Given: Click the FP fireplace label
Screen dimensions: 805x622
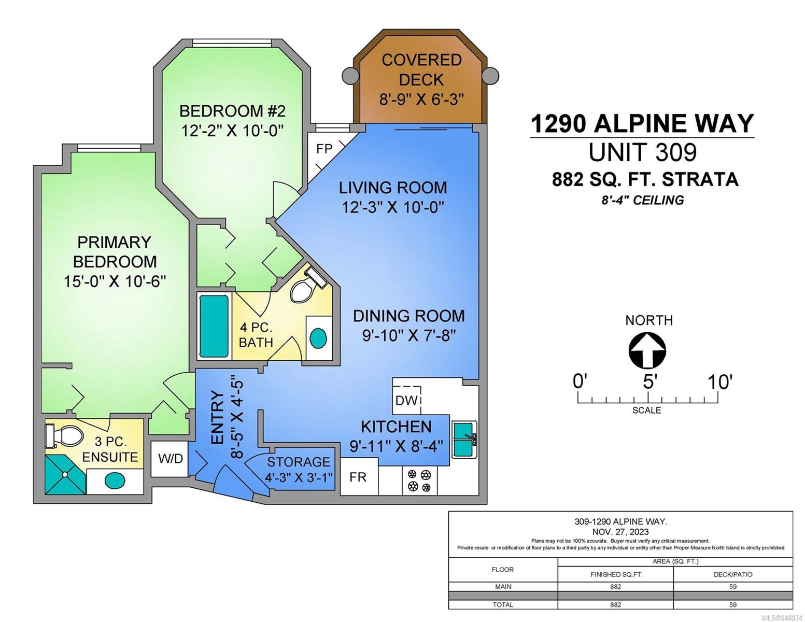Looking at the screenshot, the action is [x=324, y=149].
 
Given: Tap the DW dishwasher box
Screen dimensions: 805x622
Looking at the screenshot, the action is [x=407, y=400].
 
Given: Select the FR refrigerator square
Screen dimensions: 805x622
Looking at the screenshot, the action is [x=359, y=476].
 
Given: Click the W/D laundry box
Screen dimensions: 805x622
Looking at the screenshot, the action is [x=170, y=459].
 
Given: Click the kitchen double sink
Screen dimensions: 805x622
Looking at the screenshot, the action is [x=464, y=440].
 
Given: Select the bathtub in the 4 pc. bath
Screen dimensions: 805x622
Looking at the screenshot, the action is [x=214, y=326].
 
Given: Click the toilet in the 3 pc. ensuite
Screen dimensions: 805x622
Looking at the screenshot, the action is [x=63, y=435].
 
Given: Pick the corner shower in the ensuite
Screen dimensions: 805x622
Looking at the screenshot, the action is [x=65, y=475].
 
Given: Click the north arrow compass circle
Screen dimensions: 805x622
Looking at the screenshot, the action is [x=647, y=350].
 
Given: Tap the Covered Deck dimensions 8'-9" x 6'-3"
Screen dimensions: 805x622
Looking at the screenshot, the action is [x=421, y=99].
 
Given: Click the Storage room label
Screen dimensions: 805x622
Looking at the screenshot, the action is [x=299, y=462].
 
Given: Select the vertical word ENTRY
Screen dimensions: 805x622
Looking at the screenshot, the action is [x=218, y=417].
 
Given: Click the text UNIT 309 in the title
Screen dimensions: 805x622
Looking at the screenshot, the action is [x=643, y=152].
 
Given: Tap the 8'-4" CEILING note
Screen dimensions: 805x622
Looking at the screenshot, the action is [x=642, y=201].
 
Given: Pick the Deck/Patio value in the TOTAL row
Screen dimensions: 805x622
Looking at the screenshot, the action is [x=732, y=604].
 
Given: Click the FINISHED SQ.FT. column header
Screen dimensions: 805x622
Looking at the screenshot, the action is [x=616, y=575].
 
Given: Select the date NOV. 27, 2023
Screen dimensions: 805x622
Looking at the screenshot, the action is [x=620, y=532].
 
